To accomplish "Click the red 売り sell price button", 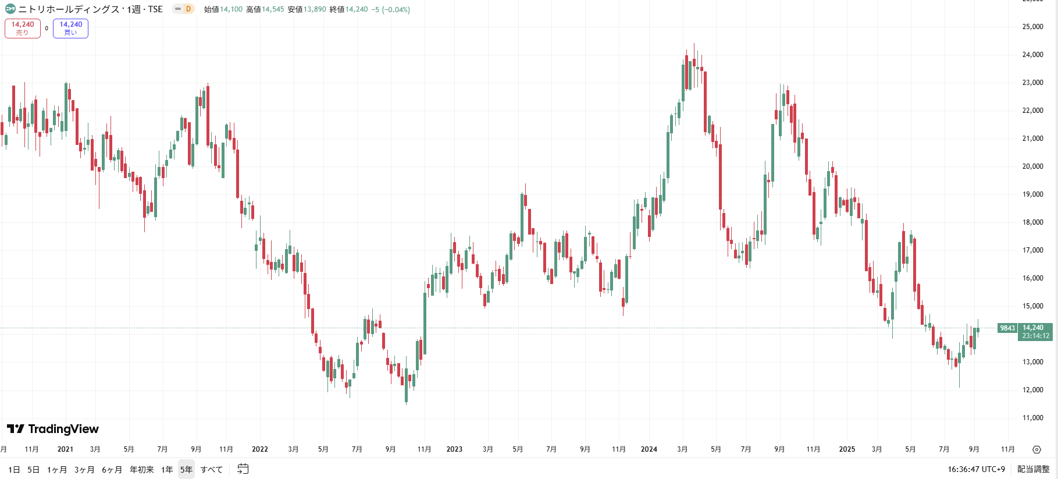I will [x=23, y=28].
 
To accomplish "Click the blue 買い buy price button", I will [x=70, y=28].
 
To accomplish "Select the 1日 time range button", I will [x=14, y=470].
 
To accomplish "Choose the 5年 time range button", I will [x=186, y=470].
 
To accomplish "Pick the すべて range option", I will [x=212, y=470].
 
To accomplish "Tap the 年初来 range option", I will [x=141, y=470].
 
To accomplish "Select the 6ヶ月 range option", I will [x=112, y=470].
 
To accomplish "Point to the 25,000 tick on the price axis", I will [x=1032, y=27].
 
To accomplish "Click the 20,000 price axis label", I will [x=1032, y=166].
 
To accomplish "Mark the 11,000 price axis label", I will [x=1032, y=418].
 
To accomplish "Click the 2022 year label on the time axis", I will [x=259, y=449].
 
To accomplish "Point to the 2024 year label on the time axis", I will [x=649, y=449].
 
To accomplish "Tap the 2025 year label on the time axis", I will [x=847, y=449].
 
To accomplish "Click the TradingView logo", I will [x=53, y=429].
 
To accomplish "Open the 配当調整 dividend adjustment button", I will [x=1033, y=469].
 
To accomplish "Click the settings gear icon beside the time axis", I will [x=1036, y=449].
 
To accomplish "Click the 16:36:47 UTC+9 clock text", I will [x=976, y=469].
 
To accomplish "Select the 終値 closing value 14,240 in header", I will [x=357, y=9].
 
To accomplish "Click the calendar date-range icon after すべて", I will [x=243, y=469].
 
